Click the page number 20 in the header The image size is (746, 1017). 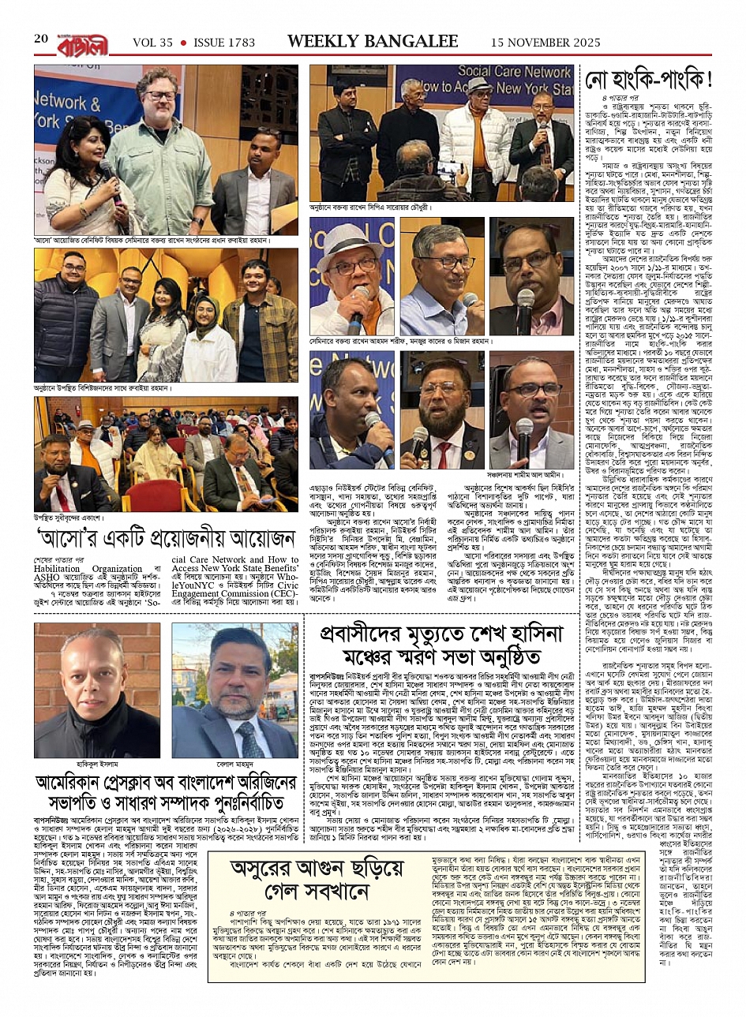[x=42, y=39]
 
